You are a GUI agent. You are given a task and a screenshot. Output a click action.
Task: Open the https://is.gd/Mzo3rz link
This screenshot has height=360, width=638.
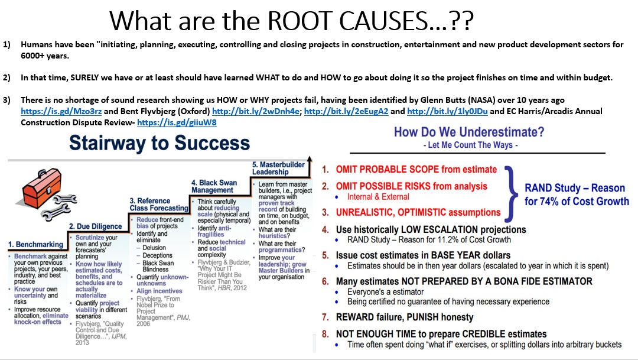pyautogui.click(x=61, y=111)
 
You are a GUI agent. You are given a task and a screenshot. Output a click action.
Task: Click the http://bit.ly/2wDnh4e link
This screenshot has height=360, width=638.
pyautogui.click(x=256, y=111)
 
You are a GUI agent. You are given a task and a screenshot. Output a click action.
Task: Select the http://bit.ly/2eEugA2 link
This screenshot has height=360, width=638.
pyautogui.click(x=346, y=111)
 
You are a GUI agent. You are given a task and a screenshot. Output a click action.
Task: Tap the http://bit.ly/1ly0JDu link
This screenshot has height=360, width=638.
pyautogui.click(x=447, y=111)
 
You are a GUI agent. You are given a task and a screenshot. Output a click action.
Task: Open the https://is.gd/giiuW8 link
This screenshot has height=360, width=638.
pyautogui.click(x=177, y=122)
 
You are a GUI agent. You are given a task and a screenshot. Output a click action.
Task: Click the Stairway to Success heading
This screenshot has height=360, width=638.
pyautogui.click(x=159, y=143)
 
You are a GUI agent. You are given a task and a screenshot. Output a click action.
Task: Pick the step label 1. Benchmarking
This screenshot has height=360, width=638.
pyautogui.click(x=35, y=244)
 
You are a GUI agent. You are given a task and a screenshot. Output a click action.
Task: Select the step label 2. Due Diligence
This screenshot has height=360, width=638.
pyautogui.click(x=95, y=226)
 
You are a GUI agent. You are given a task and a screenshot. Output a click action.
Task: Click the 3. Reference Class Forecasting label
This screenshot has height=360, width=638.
pyautogui.click(x=159, y=205)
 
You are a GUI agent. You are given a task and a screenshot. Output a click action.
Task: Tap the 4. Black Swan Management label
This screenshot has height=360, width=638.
pyautogui.click(x=214, y=187)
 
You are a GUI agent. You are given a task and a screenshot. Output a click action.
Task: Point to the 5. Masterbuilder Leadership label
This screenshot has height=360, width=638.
pyautogui.click(x=278, y=168)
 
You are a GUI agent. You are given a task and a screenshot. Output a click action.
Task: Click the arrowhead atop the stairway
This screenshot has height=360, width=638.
pyautogui.click(x=310, y=159)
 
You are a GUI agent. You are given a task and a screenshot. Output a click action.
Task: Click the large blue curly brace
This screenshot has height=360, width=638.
pyautogui.click(x=511, y=193)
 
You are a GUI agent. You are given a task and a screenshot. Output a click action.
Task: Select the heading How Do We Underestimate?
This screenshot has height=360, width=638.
pyautogui.click(x=468, y=132)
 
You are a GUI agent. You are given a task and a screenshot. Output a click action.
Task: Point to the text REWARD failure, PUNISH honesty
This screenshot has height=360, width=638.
pyautogui.click(x=405, y=317)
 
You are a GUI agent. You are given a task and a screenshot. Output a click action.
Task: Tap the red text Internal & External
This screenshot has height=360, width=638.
pyautogui.click(x=378, y=197)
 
